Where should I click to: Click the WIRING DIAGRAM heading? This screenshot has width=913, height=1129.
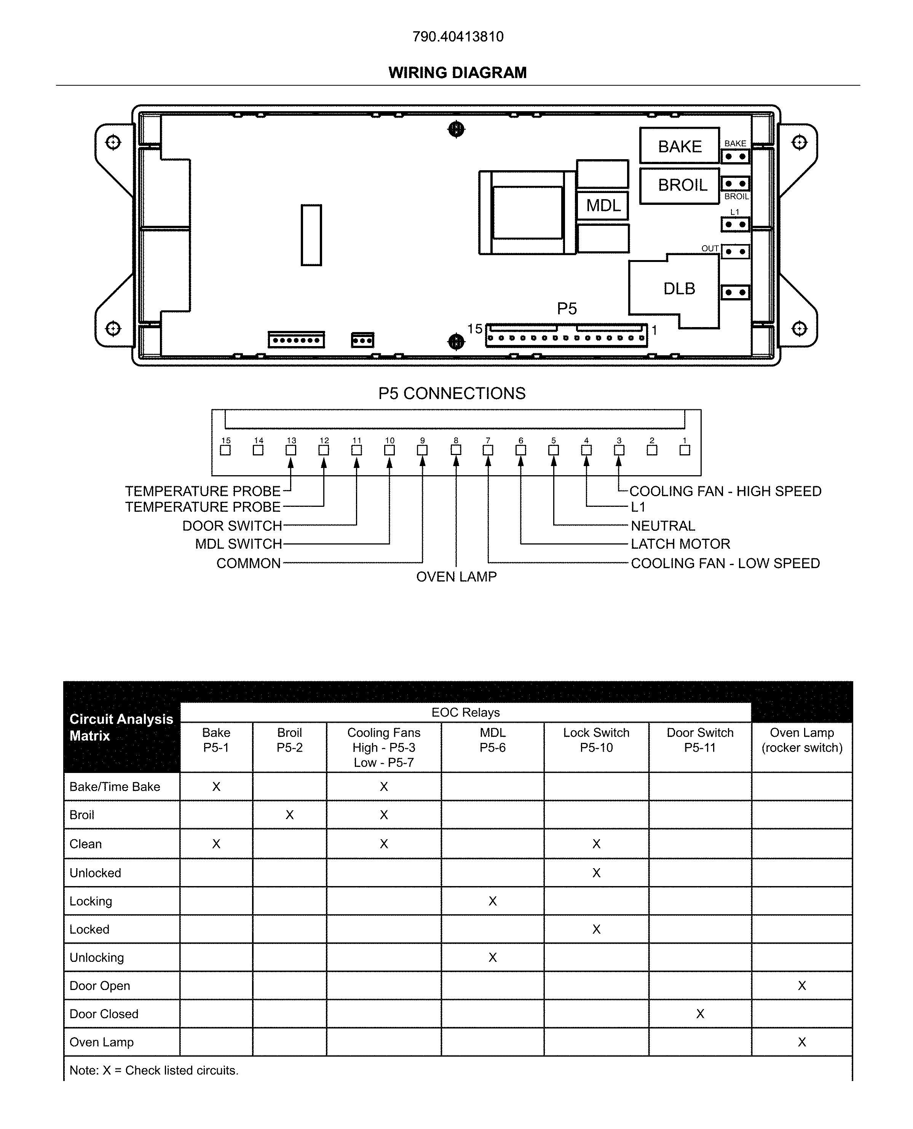458,73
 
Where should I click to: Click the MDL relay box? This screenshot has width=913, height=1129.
603,205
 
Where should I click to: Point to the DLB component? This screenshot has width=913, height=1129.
679,288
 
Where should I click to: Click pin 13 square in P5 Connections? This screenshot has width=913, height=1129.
291,450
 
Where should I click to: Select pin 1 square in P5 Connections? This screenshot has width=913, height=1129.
685,450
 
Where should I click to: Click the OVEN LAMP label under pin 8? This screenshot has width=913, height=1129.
456,577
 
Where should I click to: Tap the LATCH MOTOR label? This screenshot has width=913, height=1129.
680,544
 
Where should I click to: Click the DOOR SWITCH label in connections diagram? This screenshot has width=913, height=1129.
232,526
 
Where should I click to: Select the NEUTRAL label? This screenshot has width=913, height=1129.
662,526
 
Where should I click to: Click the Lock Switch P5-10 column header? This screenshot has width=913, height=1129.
596,740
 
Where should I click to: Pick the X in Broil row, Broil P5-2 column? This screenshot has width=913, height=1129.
289,815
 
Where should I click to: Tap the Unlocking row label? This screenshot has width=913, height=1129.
97,958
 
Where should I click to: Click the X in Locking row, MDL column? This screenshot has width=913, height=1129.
492,901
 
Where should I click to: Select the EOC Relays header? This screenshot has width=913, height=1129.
465,712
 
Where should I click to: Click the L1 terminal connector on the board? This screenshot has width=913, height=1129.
735,225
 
